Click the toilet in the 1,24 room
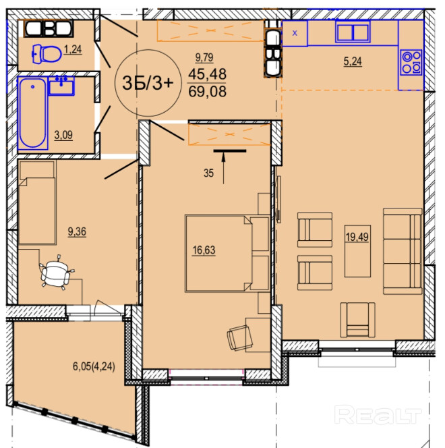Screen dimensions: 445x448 coord(47,54)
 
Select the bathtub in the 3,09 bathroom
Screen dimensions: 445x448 coord(32,113)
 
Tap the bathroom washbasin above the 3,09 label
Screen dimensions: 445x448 coord(61,86)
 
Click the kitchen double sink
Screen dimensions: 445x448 coord(353,32)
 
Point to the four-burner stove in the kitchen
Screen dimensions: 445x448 coord(411,62)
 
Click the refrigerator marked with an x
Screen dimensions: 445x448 coord(295,33)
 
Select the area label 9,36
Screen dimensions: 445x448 coord(77,231)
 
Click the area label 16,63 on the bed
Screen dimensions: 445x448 coord(204,250)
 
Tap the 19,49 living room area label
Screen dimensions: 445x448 coord(357,237)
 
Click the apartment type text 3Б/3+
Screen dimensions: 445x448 coord(148,83)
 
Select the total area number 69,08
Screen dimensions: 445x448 coord(208,92)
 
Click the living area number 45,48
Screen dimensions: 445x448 coord(208,74)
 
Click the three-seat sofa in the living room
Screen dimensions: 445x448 coord(403,251)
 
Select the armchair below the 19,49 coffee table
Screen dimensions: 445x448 coord(357,320)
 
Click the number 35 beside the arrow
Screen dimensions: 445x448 coord(208,173)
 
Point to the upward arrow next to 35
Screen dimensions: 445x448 coord(223,167)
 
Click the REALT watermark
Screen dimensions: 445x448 coord(378,415)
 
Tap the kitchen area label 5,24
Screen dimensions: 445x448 coord(353,61)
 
